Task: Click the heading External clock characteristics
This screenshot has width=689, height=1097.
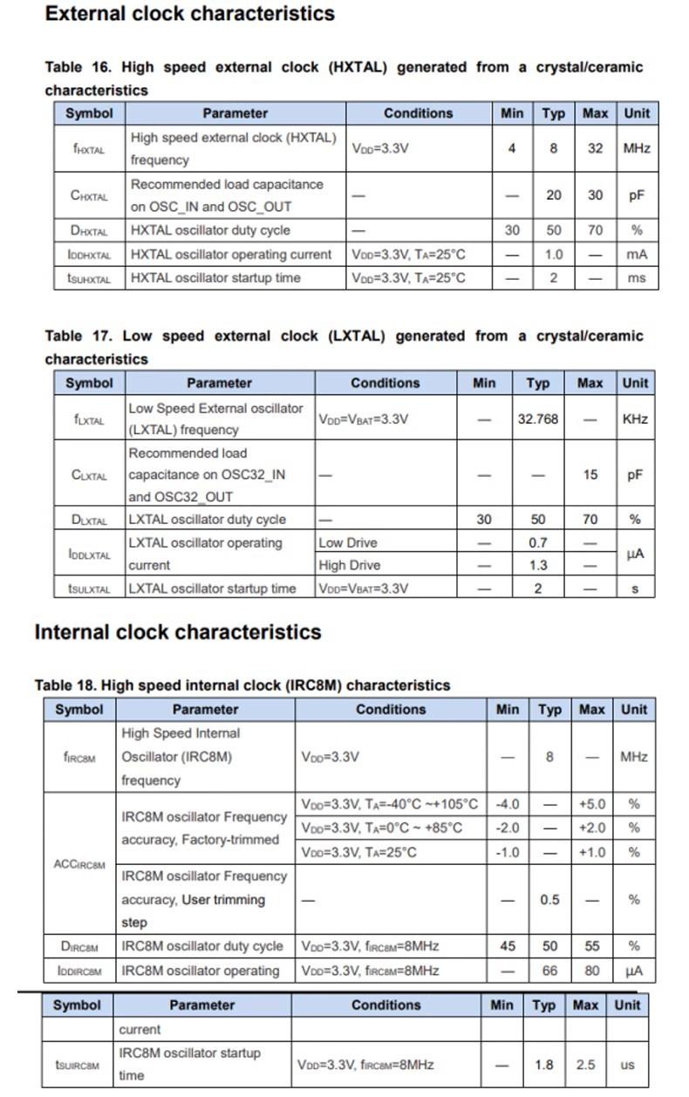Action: coord(189,14)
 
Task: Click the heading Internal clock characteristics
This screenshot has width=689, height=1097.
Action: coord(178,632)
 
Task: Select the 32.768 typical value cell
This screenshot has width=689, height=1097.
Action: coord(538,419)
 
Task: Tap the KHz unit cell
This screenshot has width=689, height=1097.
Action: coord(635,419)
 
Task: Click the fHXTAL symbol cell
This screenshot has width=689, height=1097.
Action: coord(89,149)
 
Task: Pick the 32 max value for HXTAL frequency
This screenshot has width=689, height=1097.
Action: coord(595,149)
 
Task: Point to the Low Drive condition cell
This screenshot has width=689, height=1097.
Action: coord(348,542)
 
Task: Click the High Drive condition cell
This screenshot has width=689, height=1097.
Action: coord(350,565)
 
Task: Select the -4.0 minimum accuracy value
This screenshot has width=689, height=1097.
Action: coord(507,804)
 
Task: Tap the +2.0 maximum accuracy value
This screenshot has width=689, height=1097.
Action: coord(592,828)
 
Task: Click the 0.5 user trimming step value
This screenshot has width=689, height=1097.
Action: coord(549,899)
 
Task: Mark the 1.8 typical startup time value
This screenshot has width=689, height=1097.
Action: coord(544,1065)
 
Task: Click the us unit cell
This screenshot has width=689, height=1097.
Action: coord(627,1065)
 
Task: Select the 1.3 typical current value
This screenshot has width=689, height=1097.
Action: coord(538,565)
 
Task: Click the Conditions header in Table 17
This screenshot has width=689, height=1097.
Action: coord(385,383)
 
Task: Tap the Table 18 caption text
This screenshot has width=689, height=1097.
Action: coord(242,685)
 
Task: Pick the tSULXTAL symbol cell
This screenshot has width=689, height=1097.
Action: coord(89,589)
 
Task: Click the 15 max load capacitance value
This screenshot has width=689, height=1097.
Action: coord(590,475)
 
